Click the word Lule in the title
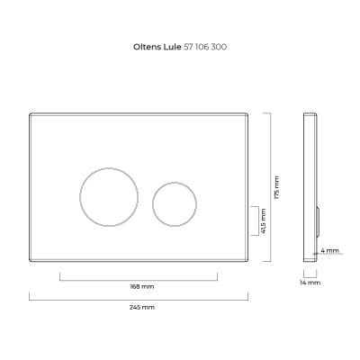(x=173, y=47)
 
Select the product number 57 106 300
(x=205, y=47)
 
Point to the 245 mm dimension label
(x=142, y=308)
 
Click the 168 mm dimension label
(x=142, y=286)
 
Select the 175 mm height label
(x=276, y=187)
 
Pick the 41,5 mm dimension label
(x=264, y=221)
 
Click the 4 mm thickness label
(x=329, y=250)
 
